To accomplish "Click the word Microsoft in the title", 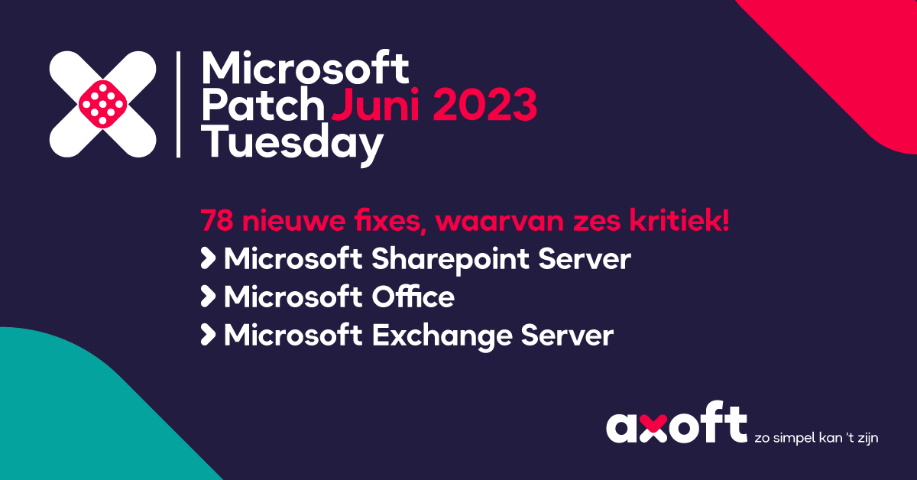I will click(x=306, y=70).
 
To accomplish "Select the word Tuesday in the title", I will click(x=292, y=144).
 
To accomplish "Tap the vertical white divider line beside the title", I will click(x=178, y=105).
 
